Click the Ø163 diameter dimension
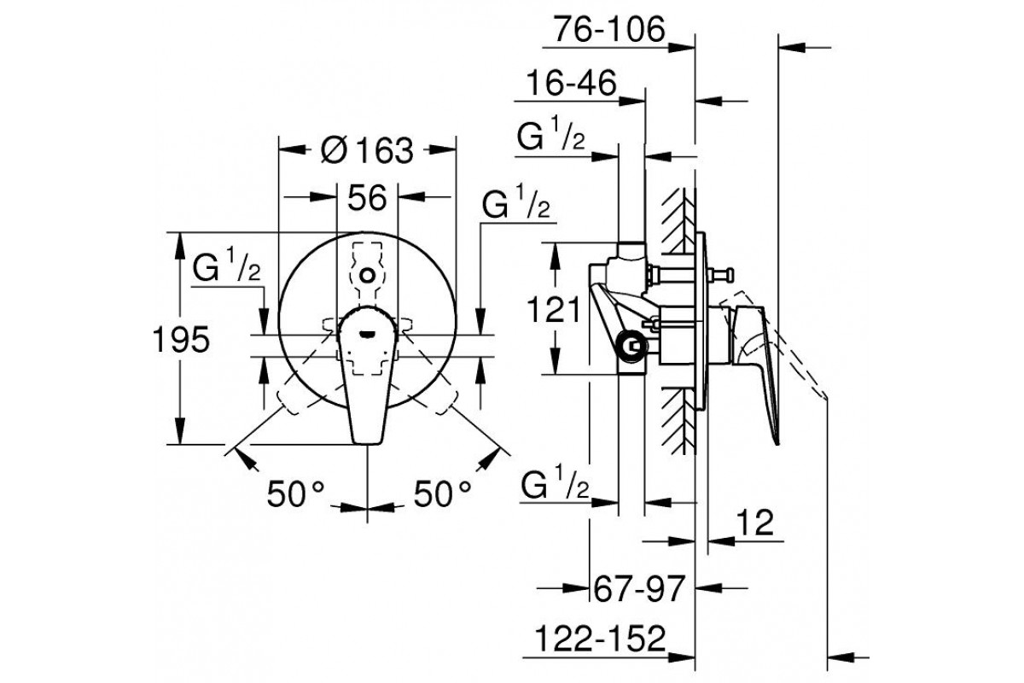367,150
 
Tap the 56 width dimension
367,198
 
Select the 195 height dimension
181,340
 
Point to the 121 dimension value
554,309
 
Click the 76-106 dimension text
609,30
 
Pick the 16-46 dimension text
572,83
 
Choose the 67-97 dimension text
639,588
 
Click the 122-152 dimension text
600,639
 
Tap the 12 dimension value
755,522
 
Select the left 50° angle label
296,494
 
